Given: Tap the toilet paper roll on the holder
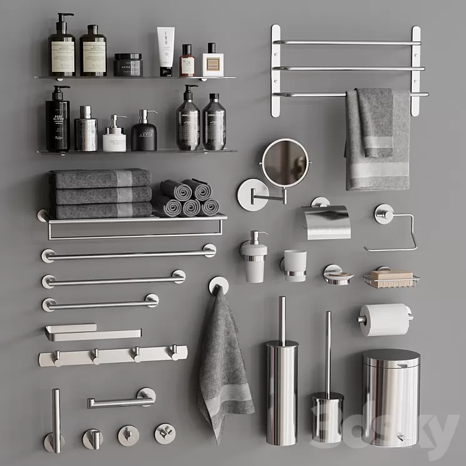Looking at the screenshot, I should tap(383, 319).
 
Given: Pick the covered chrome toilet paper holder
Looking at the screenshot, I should tap(325, 222).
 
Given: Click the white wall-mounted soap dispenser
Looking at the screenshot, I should tap(255, 262).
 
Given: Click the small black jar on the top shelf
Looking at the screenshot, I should tap(128, 64).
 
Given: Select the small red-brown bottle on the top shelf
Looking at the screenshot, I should tap(187, 61).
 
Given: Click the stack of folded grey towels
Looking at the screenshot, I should tap(101, 194).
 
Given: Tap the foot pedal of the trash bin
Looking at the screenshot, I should tap(400, 438).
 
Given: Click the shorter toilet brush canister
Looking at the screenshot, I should tap(327, 417).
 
